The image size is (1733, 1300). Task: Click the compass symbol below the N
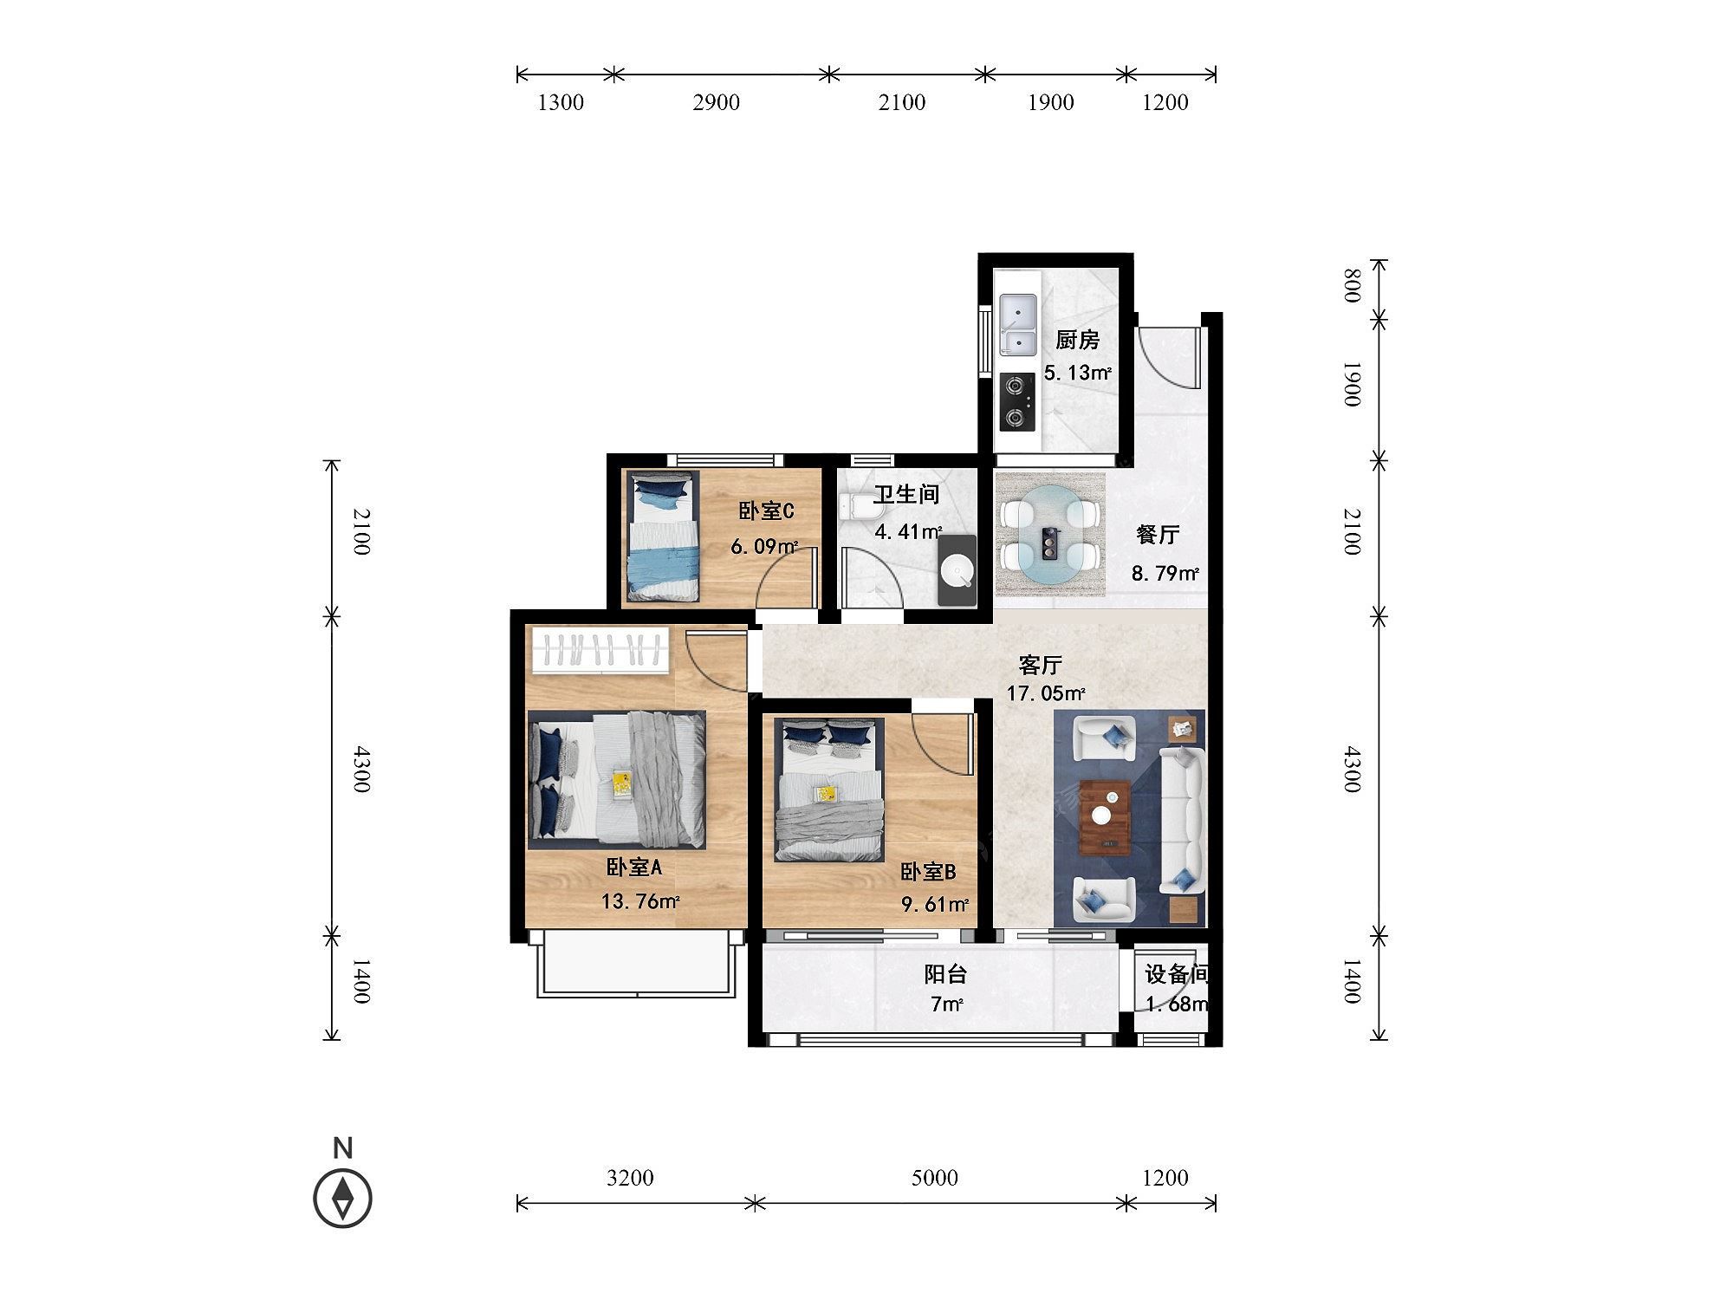point(343,1199)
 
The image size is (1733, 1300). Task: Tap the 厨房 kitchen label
point(1077,340)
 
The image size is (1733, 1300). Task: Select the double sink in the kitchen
point(1018,324)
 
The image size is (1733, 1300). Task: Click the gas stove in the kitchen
point(1017,402)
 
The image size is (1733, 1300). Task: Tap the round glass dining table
point(1049,535)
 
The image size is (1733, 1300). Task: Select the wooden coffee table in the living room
point(1105,816)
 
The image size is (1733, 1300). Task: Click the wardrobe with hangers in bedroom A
point(600,650)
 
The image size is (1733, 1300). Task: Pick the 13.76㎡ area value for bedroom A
point(640,901)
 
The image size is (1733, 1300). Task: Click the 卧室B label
point(927,871)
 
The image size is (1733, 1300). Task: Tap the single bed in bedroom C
point(663,536)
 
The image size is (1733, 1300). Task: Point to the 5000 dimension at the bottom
point(935,1177)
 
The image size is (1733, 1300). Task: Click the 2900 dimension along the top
point(716,102)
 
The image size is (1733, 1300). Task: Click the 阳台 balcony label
point(945,974)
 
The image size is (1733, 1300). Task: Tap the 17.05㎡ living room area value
point(1046,693)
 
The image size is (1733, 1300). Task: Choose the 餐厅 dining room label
point(1158,535)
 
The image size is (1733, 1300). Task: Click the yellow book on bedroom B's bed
point(823,792)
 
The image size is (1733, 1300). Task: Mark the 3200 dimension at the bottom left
point(630,1177)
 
